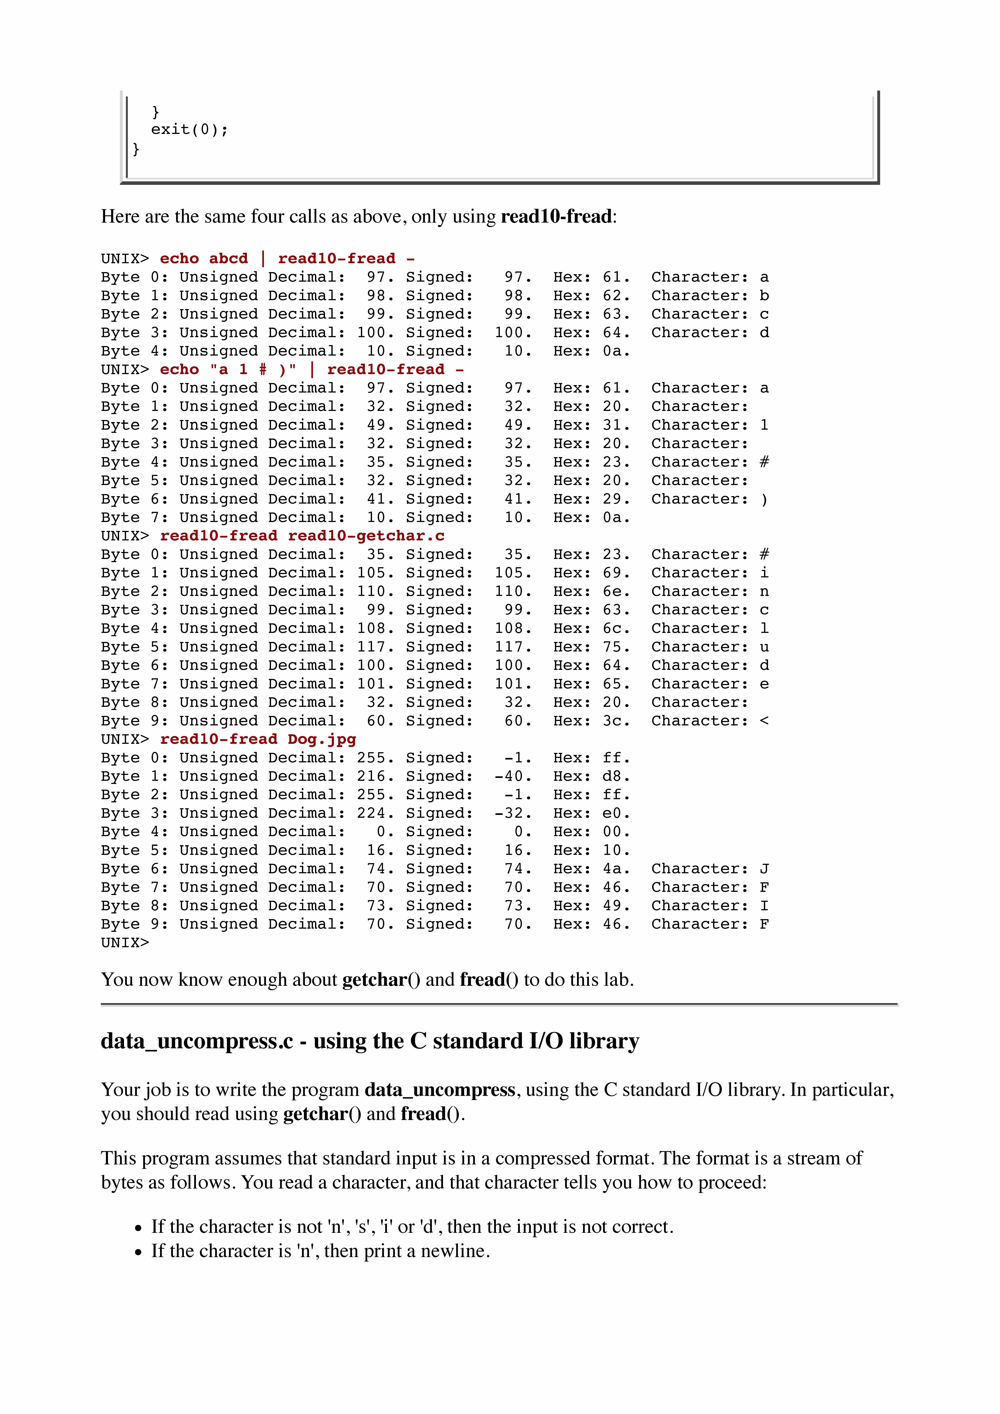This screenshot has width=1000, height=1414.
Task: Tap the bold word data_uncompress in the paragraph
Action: pos(439,1090)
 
